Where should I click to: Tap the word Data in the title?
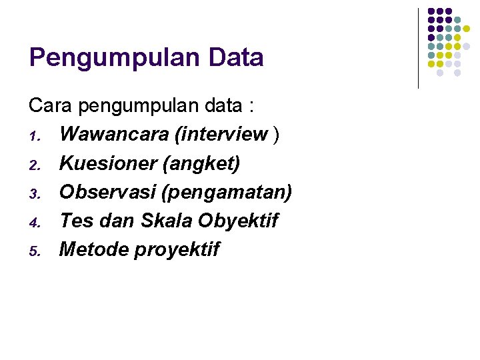click(x=236, y=58)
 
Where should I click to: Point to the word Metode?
click(x=93, y=249)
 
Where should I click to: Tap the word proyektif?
click(x=177, y=250)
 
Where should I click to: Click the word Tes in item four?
click(x=73, y=221)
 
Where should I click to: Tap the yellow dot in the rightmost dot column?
click(x=466, y=29)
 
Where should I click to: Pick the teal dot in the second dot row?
click(x=457, y=20)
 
